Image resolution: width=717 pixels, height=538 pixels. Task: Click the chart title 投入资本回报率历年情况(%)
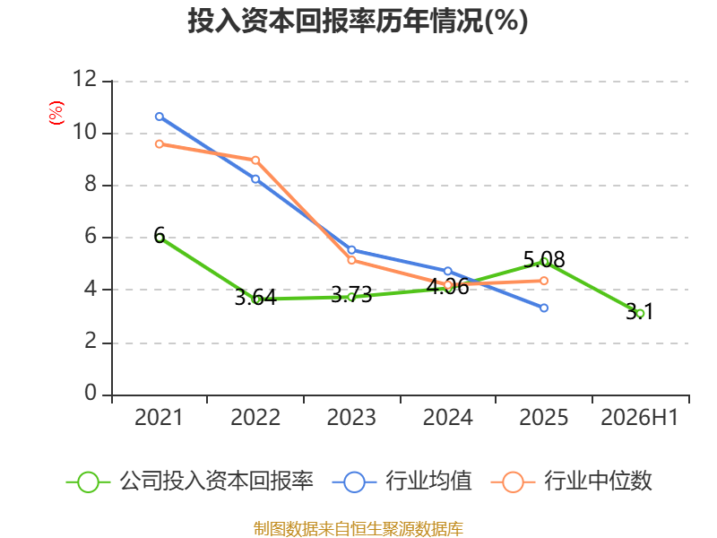point(358,22)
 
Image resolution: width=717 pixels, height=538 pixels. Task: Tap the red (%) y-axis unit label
point(56,113)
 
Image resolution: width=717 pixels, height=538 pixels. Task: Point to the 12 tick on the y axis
point(85,79)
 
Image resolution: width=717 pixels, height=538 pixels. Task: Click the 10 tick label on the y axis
point(85,132)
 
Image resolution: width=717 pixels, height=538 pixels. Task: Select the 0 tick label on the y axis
point(91,393)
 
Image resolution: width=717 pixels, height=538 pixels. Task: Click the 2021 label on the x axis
point(159,418)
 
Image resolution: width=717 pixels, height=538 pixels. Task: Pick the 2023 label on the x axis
point(351,418)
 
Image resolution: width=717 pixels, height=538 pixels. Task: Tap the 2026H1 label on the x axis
point(639,418)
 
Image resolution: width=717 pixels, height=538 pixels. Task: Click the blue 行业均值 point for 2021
point(160,117)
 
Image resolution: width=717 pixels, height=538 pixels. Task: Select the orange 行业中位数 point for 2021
point(160,144)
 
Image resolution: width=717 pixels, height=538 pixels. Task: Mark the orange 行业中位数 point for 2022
point(255,161)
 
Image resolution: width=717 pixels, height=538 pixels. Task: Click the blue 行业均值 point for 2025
point(544,308)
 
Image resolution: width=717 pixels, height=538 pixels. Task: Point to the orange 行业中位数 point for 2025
point(544,281)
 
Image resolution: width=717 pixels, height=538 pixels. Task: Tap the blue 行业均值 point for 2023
point(351,250)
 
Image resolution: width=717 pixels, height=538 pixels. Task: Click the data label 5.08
point(544,260)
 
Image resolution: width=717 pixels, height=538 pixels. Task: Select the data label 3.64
point(255,298)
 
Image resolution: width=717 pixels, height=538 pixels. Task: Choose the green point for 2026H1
point(640,313)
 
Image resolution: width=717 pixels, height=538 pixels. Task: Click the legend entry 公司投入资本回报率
point(190,482)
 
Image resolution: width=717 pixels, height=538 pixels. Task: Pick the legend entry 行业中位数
point(571,482)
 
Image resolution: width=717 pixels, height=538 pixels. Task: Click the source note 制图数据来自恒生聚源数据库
point(358,529)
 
